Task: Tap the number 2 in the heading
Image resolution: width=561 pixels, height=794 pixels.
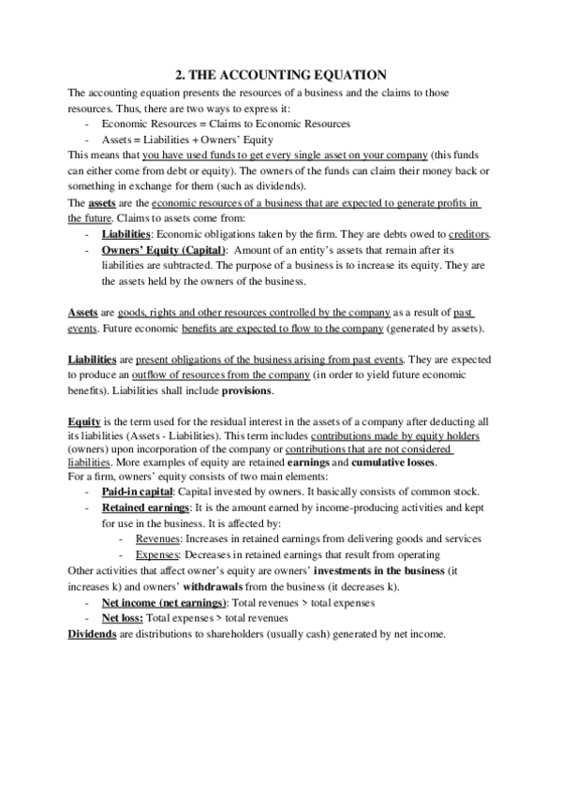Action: coord(179,75)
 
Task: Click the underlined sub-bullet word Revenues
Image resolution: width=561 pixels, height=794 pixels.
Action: coord(158,538)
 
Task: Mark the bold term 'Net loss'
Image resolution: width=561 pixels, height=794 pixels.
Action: coord(122,618)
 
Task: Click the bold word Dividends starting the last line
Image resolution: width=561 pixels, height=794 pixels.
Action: coord(92,634)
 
